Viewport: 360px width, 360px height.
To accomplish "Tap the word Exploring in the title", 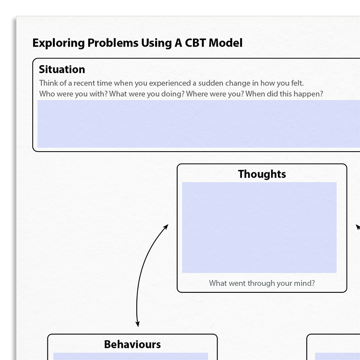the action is pos(59,43).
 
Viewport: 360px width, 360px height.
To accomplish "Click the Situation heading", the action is pos(62,69).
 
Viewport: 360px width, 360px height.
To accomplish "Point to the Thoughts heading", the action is pos(262,174).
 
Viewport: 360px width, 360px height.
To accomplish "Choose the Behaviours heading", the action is pos(132,344).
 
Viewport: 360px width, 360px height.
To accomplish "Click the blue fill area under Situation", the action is pos(199,124).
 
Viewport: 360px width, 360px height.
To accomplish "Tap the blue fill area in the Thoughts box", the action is pos(259,228).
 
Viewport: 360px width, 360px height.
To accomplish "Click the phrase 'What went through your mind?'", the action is pos(262,283).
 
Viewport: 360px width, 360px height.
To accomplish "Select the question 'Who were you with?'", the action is pos(73,94).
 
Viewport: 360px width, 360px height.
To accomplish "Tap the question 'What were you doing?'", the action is pos(147,94).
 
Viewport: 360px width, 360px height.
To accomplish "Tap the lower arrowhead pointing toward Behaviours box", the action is pos(137,324).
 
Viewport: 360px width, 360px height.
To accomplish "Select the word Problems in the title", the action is pos(113,43).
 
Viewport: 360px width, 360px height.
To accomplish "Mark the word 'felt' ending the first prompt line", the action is pos(298,83).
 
